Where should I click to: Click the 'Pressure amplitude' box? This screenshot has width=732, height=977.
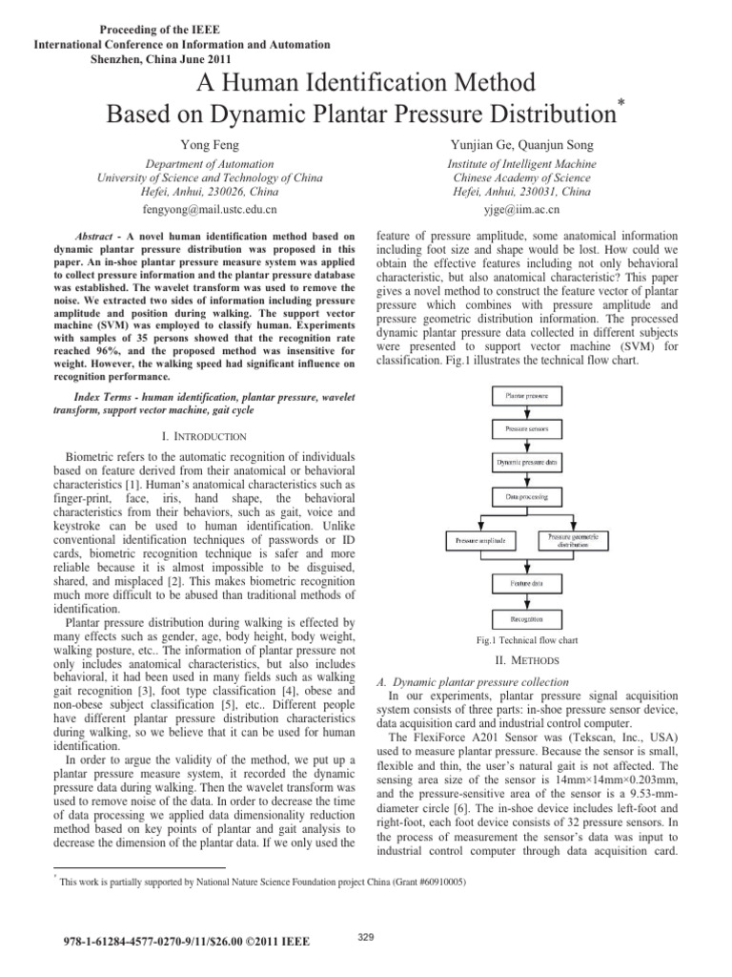point(481,540)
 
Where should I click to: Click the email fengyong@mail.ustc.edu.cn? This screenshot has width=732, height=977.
point(211,207)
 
